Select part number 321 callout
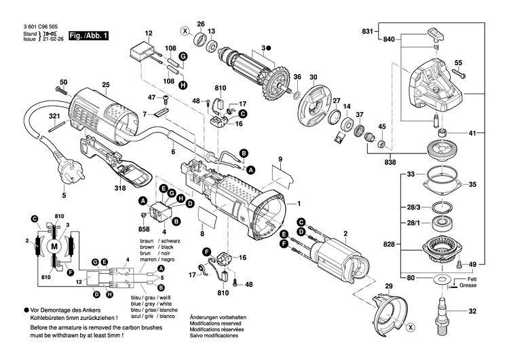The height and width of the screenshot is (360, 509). click(x=54, y=116)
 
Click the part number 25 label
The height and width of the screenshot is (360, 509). click(x=105, y=85)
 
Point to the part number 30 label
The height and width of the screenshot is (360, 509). click(x=314, y=77)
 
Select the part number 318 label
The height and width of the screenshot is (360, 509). click(x=138, y=187)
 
